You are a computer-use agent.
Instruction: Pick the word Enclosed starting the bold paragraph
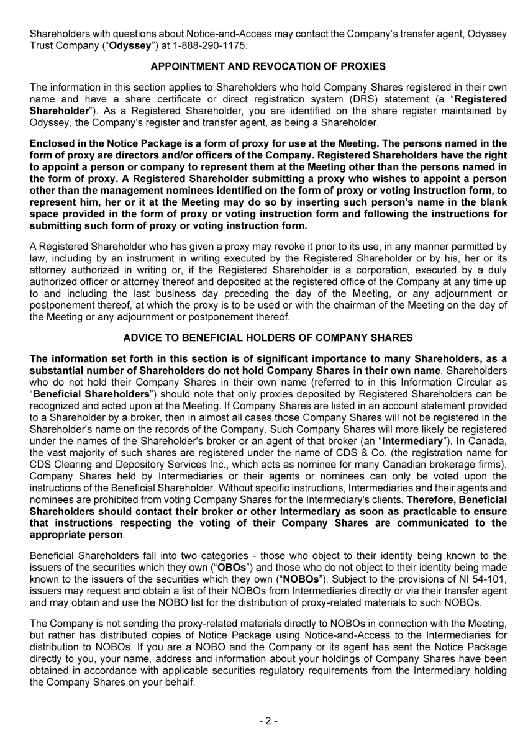coord(52,143)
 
